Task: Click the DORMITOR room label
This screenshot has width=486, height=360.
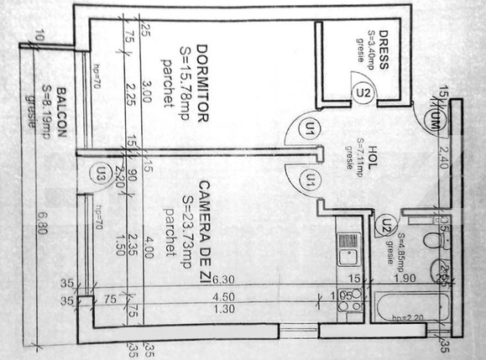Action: click(202, 85)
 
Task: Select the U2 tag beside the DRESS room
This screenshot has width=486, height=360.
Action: click(363, 93)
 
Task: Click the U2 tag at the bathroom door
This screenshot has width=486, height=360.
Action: click(384, 222)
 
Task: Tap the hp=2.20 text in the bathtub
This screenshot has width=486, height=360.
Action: click(405, 319)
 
